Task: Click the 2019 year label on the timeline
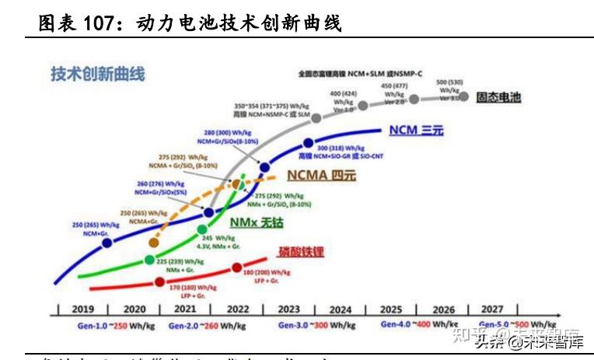click(83, 309)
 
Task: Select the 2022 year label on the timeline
click(239, 309)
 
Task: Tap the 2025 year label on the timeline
click(391, 309)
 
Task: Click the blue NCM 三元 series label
click(415, 131)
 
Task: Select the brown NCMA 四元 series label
click(321, 176)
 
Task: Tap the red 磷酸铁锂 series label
click(300, 252)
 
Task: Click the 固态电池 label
click(498, 99)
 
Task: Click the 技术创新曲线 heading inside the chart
click(98, 75)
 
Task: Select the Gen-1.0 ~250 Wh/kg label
click(96, 323)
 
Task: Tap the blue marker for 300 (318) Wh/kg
click(309, 143)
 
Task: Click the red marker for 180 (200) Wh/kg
click(237, 268)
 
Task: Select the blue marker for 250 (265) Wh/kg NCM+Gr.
click(107, 243)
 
